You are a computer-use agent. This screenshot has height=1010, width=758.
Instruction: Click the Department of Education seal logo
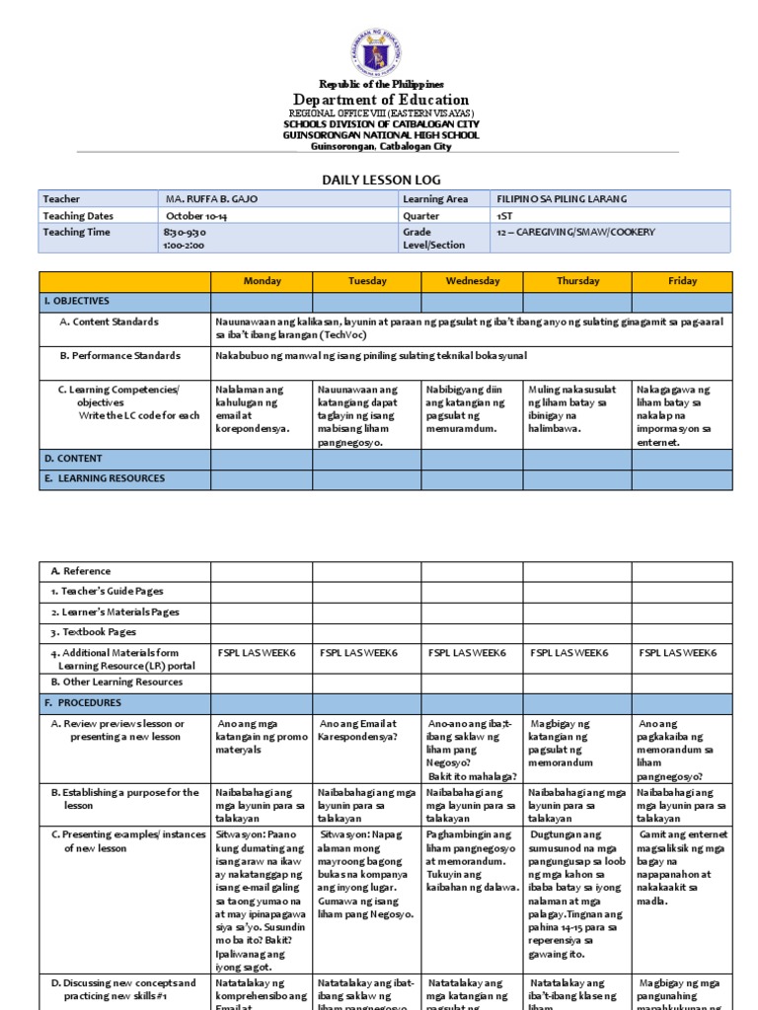click(x=375, y=54)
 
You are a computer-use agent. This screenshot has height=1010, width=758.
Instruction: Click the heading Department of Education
click(x=380, y=100)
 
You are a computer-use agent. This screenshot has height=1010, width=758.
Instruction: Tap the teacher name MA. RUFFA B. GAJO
click(x=212, y=199)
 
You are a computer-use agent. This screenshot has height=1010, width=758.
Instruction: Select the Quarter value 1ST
click(x=505, y=216)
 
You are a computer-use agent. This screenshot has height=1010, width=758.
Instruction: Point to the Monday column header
click(x=262, y=281)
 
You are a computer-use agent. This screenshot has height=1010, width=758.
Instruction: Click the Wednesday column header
click(x=472, y=281)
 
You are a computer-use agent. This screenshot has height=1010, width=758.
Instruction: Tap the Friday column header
click(x=682, y=281)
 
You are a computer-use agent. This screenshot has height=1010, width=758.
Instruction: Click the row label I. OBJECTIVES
click(x=77, y=301)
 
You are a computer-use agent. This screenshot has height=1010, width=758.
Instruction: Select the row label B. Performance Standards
click(x=119, y=355)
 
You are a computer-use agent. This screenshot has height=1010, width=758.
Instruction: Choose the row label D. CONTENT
click(x=73, y=458)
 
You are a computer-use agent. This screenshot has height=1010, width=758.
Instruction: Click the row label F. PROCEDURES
click(x=83, y=703)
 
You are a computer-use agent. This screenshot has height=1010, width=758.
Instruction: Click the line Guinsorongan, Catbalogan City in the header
click(x=381, y=147)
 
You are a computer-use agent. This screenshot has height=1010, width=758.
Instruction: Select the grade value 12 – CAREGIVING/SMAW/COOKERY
click(x=575, y=232)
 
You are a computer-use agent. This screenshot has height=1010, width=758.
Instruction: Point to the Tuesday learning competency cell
click(x=365, y=415)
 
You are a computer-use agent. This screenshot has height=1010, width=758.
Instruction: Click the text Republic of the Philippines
click(x=380, y=85)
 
